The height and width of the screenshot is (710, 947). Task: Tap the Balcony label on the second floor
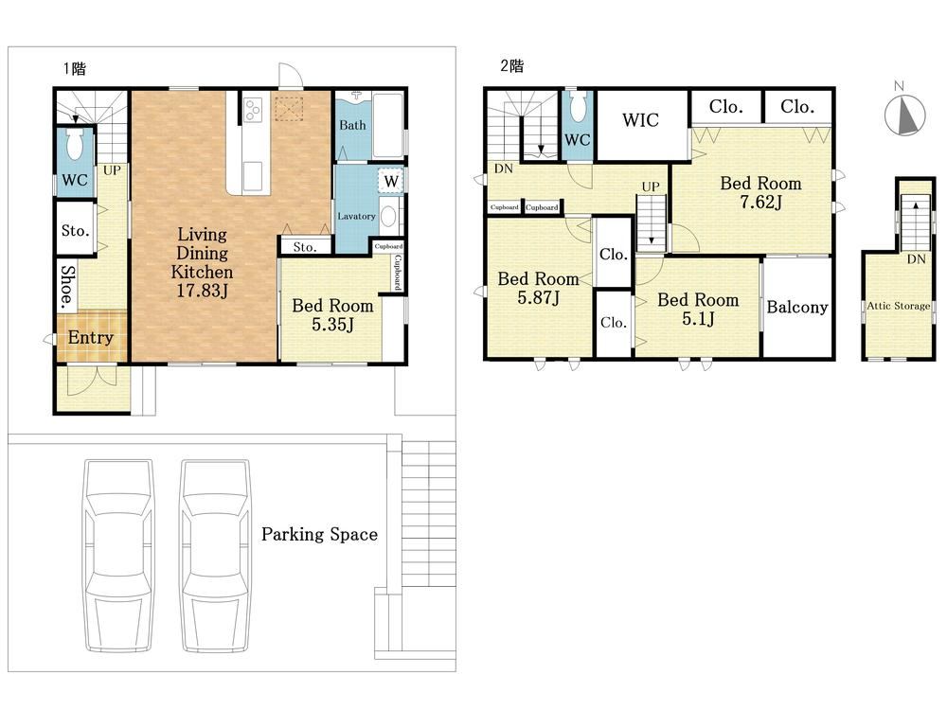(797, 308)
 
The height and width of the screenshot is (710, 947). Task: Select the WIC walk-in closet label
(640, 120)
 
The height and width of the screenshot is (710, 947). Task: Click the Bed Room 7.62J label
(761, 192)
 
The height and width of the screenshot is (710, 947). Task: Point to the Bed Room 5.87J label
(538, 288)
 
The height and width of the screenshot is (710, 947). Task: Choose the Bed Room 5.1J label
(698, 309)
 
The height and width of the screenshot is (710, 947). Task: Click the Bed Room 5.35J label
(332, 314)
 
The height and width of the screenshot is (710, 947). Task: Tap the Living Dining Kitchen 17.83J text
(202, 262)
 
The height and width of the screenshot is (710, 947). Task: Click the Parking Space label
(319, 534)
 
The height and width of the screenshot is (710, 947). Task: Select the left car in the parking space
(118, 556)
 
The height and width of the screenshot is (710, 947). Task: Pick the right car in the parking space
(215, 556)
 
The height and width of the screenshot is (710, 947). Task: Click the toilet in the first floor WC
(75, 144)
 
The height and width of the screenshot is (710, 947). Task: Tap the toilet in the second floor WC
(578, 106)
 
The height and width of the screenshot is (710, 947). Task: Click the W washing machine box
(391, 181)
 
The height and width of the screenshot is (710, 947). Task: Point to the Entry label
(91, 337)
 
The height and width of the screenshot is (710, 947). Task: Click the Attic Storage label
(898, 306)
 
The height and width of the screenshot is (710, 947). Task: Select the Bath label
(352, 125)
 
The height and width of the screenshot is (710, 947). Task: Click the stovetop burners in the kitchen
(253, 109)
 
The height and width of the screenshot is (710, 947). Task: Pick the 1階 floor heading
(74, 68)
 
